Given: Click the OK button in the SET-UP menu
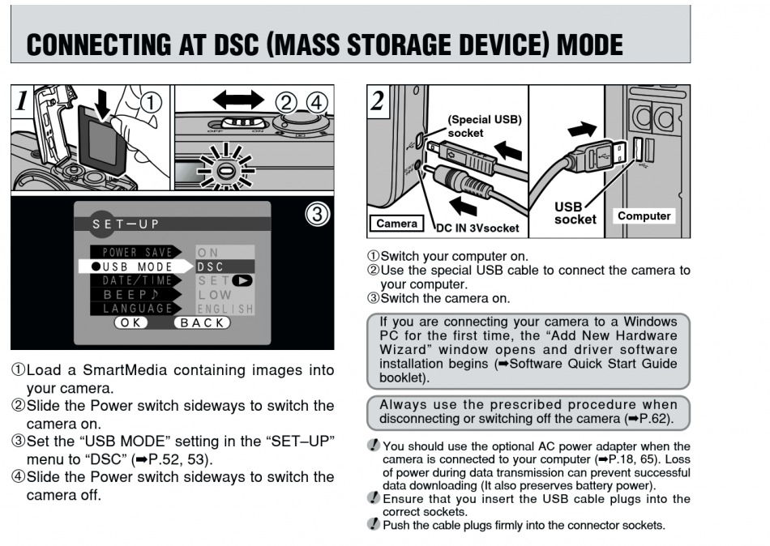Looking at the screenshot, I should click(130, 322).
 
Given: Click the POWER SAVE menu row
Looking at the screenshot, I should click(137, 253).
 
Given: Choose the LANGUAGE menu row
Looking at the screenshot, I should click(137, 309).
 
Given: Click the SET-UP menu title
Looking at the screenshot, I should click(126, 224).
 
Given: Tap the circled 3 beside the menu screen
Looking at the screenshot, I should click(317, 214).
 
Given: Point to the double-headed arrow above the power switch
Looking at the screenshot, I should click(237, 100).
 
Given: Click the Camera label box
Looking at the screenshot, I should click(397, 223).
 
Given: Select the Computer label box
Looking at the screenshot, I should click(644, 216).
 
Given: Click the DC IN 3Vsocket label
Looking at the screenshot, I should click(477, 228).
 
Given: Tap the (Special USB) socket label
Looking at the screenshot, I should click(485, 126).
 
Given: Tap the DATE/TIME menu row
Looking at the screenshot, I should click(137, 280).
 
